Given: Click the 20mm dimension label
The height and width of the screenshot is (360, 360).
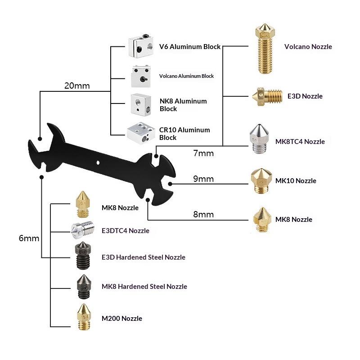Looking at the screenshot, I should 77,85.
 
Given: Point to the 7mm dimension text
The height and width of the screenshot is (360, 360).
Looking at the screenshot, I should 203,153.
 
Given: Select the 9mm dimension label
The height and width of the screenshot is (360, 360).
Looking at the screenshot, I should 203,179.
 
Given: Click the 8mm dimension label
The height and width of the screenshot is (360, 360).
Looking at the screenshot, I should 203,214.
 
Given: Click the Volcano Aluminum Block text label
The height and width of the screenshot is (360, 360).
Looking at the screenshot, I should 186,76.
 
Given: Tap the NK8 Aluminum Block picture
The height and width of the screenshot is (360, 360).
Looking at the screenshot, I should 141,104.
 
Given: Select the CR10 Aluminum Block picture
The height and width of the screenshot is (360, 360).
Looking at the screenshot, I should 141,132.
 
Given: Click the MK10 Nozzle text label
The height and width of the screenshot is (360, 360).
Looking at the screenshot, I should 296,181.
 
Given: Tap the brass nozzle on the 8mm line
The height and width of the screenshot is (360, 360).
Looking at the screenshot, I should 261,219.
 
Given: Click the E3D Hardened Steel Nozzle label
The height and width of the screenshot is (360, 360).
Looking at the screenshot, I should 144,257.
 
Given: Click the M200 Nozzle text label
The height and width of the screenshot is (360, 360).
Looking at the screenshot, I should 121,319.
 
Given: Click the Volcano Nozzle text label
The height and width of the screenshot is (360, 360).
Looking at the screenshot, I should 308,46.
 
